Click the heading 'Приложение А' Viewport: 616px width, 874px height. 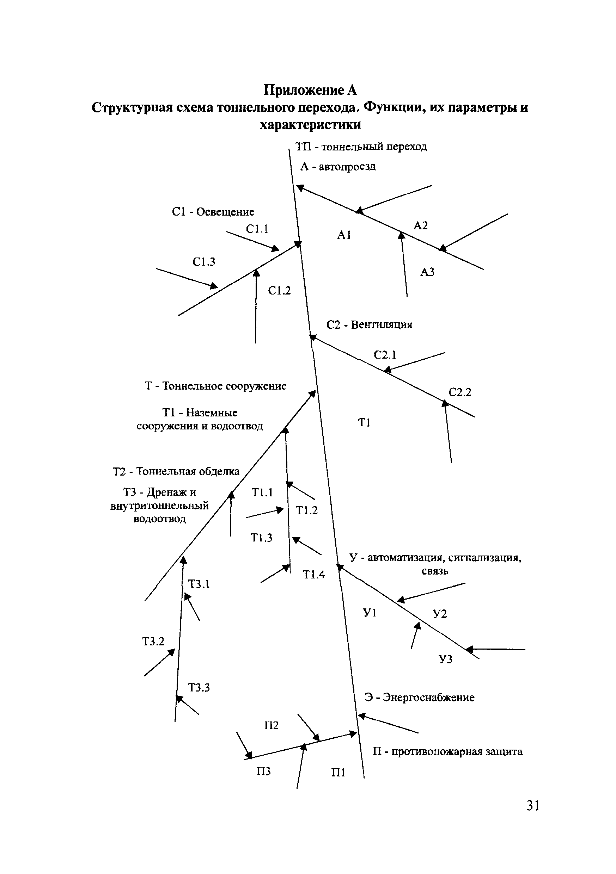click(x=310, y=90)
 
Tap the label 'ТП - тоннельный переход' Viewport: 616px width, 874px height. click(x=361, y=147)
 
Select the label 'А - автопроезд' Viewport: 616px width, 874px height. click(x=338, y=167)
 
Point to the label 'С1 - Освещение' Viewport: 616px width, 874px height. click(x=213, y=212)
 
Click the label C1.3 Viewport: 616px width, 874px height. click(x=204, y=262)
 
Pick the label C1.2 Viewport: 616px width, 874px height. click(x=279, y=291)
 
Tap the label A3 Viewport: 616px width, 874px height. click(x=427, y=272)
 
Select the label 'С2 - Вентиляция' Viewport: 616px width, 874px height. click(x=369, y=325)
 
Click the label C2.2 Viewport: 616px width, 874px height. click(x=460, y=392)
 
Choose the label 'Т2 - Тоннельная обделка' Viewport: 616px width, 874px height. click(x=176, y=471)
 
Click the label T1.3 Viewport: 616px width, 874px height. click(x=261, y=538)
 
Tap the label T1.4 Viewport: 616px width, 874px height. click(x=314, y=575)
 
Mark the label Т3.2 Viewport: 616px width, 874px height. click(x=153, y=641)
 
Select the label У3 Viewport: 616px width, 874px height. click(x=445, y=659)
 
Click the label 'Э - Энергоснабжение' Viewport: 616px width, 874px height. click(x=420, y=698)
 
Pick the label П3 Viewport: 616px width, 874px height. click(x=264, y=771)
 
